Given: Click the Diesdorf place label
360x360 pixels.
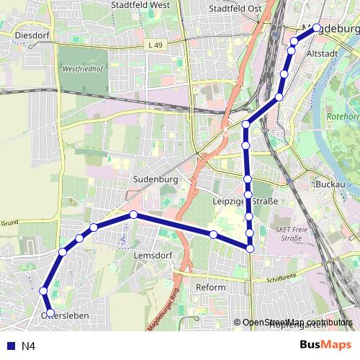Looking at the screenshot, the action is pyautogui.click(x=30, y=33).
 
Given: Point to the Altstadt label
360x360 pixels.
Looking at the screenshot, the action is pyautogui.click(x=321, y=53).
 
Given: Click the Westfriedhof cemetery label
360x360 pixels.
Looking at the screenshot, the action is pyautogui.click(x=81, y=71).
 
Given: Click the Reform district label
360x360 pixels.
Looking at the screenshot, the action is pyautogui.click(x=211, y=287).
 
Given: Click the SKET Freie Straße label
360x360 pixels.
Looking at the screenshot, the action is pyautogui.click(x=290, y=233).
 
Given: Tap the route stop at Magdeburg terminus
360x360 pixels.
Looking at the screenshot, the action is pyautogui.click(x=317, y=28).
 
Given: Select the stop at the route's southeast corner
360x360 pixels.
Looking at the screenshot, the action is pyautogui.click(x=251, y=248).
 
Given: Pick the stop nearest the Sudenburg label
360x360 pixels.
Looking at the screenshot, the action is pyautogui.click(x=134, y=215).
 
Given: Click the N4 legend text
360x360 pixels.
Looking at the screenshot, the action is pyautogui.click(x=28, y=346).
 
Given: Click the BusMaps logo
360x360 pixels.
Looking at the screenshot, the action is pyautogui.click(x=325, y=345).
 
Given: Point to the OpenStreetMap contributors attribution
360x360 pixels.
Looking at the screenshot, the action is pyautogui.click(x=297, y=323).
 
